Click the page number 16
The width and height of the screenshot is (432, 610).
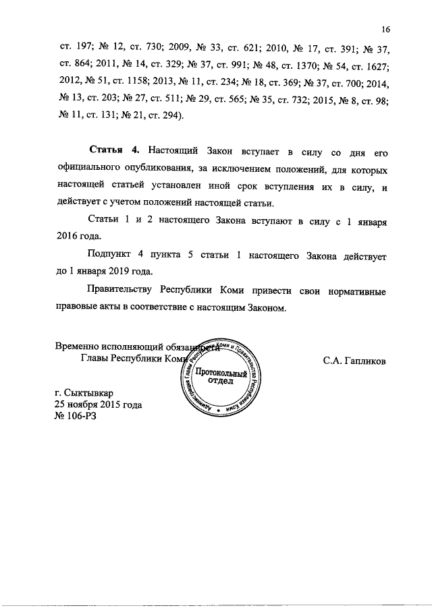point(385,30)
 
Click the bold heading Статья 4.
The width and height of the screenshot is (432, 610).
point(110,149)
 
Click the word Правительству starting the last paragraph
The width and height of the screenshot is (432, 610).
point(120,292)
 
